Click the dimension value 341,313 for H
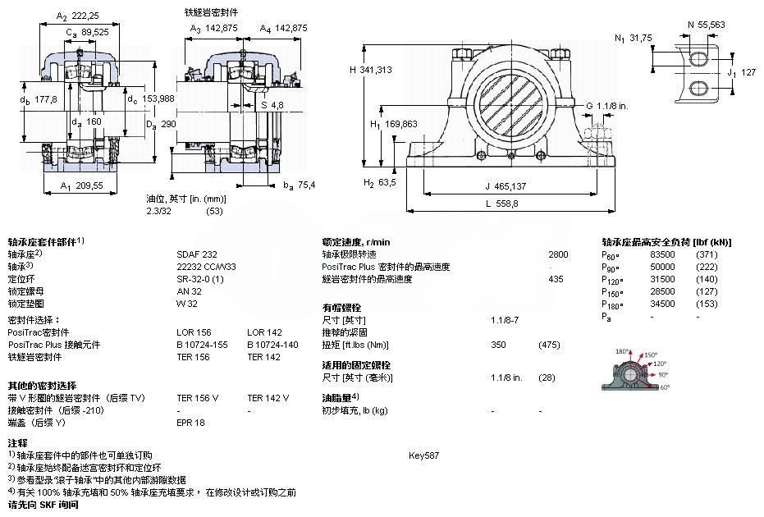click(377, 70)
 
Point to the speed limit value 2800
click(557, 254)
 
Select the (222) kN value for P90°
click(706, 267)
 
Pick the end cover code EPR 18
click(190, 423)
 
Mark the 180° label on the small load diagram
click(621, 352)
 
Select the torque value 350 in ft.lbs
click(498, 345)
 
